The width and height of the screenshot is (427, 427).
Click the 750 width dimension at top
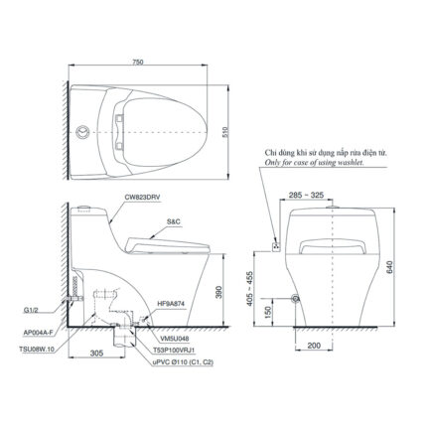pyautogui.click(x=149, y=62)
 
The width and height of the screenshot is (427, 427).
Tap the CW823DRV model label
pyautogui.click(x=146, y=198)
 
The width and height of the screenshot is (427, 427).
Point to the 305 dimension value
pyautogui.click(x=95, y=352)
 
